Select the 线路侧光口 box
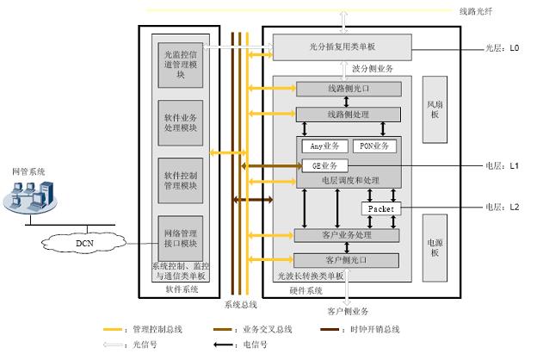(x=349, y=90)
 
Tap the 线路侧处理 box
(x=349, y=115)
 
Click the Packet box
(x=380, y=209)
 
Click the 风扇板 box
(x=435, y=109)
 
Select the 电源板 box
(x=435, y=250)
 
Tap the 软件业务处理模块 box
(x=181, y=121)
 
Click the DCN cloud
(x=85, y=243)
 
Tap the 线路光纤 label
(x=476, y=12)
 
